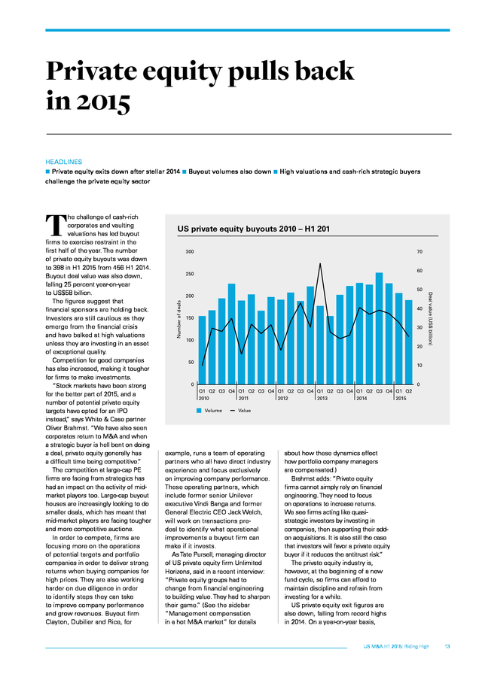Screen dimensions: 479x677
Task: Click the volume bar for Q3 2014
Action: (x=379, y=329)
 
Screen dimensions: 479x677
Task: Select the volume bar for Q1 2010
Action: (x=202, y=350)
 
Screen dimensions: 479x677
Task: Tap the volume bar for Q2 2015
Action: (x=408, y=342)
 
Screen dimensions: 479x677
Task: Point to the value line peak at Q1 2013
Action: (x=320, y=263)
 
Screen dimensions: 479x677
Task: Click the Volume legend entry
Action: (x=209, y=411)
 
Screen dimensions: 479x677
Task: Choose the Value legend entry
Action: (x=240, y=411)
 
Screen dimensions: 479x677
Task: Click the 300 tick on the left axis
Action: (x=190, y=252)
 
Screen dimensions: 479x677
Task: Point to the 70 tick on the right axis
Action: (x=420, y=252)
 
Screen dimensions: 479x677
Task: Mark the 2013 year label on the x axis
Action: (x=322, y=398)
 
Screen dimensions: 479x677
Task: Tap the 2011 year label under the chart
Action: (x=243, y=398)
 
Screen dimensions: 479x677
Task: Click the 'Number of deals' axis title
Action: (x=179, y=320)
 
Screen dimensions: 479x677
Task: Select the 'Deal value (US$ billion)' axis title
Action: (x=430, y=319)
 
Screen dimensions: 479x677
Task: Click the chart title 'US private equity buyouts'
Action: (x=227, y=229)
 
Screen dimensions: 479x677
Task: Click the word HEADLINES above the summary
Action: (x=63, y=162)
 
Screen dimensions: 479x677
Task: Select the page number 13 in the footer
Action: (x=447, y=646)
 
